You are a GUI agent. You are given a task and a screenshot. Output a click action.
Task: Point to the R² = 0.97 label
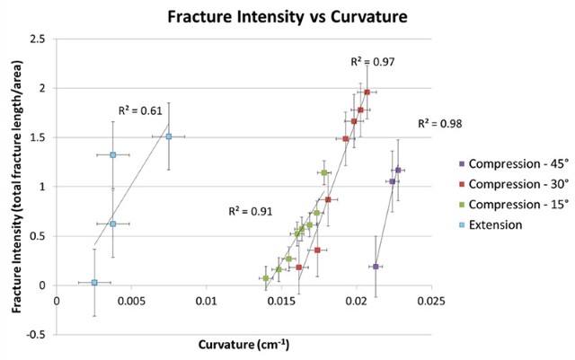[x=373, y=62]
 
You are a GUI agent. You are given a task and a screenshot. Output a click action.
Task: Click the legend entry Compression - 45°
[x=522, y=164]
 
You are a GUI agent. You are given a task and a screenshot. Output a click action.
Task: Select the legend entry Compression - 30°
[x=522, y=184]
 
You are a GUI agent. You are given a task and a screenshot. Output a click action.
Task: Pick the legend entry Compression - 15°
[x=522, y=205]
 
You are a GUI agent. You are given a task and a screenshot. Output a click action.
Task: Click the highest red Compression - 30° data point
[x=367, y=92]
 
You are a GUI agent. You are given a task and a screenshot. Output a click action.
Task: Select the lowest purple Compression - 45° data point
[x=376, y=267]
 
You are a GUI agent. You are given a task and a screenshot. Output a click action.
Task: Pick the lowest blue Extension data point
[x=94, y=283]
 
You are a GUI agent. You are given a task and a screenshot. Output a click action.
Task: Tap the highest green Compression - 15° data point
[x=324, y=172]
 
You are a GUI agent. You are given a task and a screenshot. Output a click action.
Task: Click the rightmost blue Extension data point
[x=168, y=136]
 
